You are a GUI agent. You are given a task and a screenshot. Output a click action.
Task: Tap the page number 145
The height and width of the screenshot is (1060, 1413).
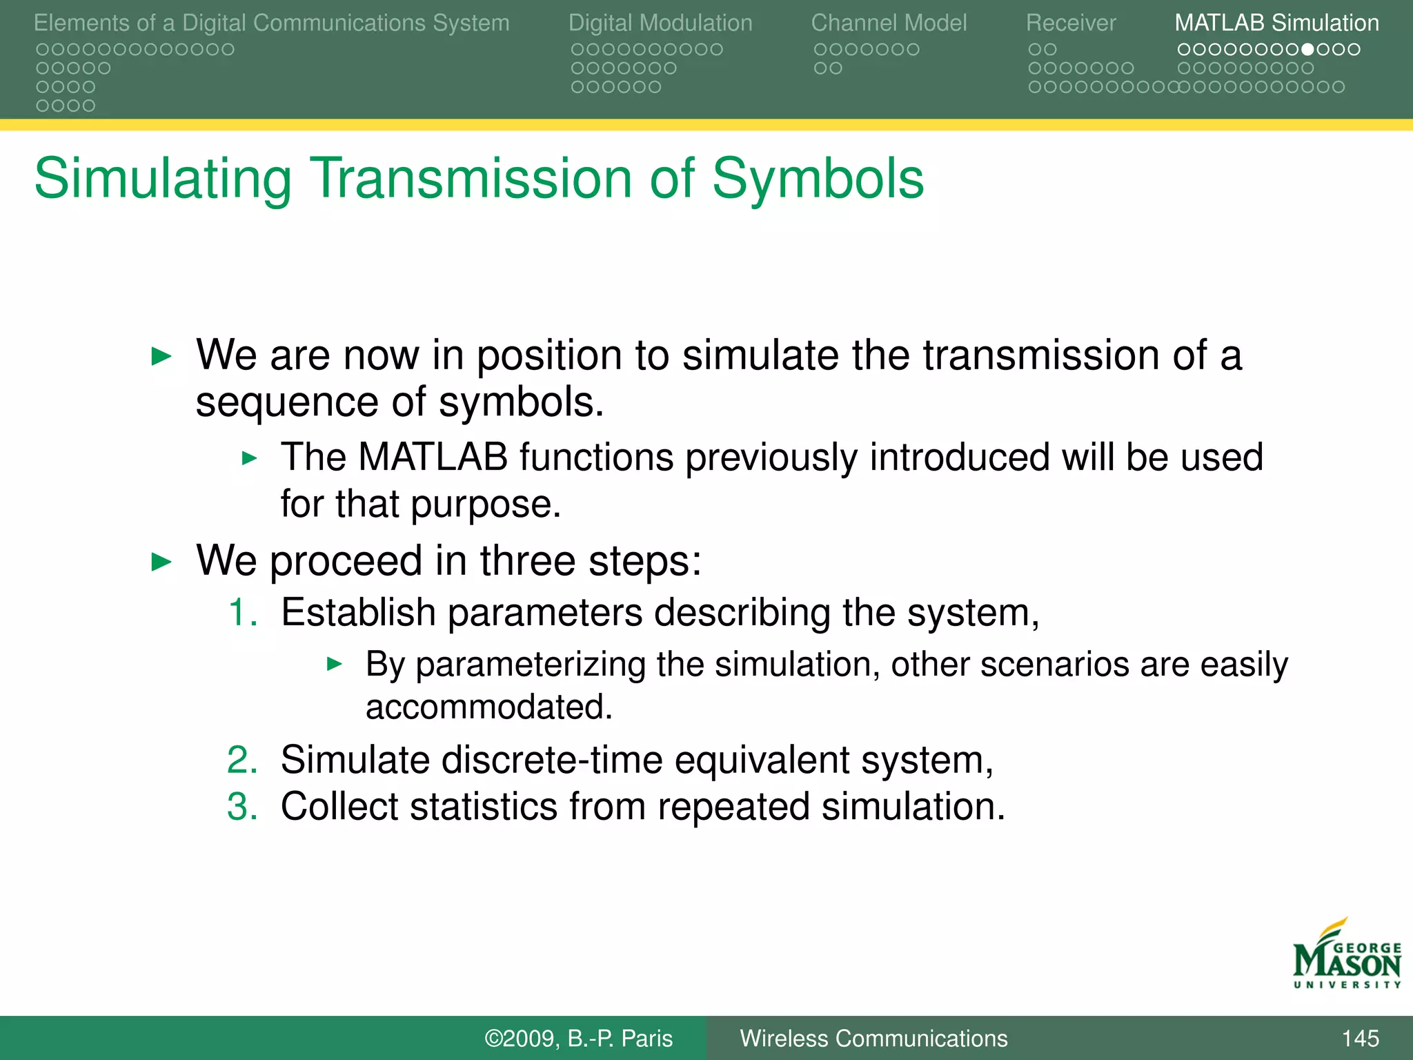pyautogui.click(x=1360, y=1039)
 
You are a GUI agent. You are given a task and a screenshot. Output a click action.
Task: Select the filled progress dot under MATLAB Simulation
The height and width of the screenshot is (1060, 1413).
pyautogui.click(x=1307, y=50)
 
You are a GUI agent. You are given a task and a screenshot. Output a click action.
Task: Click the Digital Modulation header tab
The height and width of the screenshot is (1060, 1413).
pyautogui.click(x=660, y=23)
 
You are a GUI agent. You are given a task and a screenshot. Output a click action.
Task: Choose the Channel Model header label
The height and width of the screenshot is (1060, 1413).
pyautogui.click(x=889, y=23)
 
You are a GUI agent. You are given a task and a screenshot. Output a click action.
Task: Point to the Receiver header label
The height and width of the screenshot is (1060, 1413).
pyautogui.click(x=1070, y=23)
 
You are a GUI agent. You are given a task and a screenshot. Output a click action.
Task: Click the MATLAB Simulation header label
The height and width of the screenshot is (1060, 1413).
pyautogui.click(x=1276, y=23)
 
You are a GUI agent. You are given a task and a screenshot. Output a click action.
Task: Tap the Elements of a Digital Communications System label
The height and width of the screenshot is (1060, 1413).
pyautogui.click(x=271, y=23)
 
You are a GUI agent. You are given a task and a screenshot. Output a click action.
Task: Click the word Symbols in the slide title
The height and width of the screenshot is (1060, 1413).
pyautogui.click(x=817, y=178)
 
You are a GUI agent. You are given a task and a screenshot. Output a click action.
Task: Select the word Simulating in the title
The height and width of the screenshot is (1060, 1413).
pyautogui.click(x=163, y=179)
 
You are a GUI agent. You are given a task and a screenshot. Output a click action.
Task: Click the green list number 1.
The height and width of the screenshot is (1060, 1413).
pyautogui.click(x=242, y=613)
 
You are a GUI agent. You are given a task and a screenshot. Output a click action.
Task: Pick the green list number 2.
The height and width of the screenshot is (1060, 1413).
pyautogui.click(x=242, y=760)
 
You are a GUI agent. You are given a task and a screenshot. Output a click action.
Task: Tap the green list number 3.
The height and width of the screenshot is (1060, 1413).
pyautogui.click(x=242, y=807)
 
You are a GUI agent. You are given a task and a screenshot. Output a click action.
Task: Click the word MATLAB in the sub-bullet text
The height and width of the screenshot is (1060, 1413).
pyautogui.click(x=433, y=457)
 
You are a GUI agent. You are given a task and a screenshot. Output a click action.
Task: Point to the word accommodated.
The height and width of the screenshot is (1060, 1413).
pyautogui.click(x=488, y=707)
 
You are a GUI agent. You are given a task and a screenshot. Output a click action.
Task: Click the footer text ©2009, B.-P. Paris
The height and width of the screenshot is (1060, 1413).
pyautogui.click(x=578, y=1039)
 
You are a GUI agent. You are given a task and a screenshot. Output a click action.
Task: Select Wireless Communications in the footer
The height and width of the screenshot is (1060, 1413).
pyautogui.click(x=873, y=1039)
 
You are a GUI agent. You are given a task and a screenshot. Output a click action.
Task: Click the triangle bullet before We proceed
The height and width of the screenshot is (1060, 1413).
pyautogui.click(x=161, y=562)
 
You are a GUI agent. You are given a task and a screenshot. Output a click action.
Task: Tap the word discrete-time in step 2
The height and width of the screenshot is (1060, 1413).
pyautogui.click(x=551, y=760)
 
